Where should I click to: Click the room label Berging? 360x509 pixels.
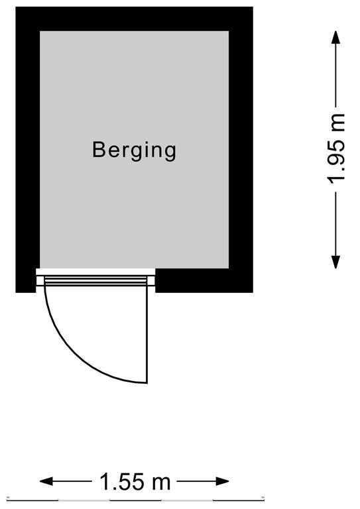click(x=134, y=150)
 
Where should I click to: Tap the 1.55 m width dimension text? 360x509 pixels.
click(x=135, y=482)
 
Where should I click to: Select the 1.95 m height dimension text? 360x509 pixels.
click(x=336, y=149)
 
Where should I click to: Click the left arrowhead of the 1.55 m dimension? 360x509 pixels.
click(x=46, y=481)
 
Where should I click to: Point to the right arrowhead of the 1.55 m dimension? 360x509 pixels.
click(x=222, y=481)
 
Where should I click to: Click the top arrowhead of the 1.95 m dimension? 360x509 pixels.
click(x=335, y=38)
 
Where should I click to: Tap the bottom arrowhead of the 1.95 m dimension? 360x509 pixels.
click(x=335, y=262)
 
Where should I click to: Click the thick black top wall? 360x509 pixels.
click(x=134, y=19)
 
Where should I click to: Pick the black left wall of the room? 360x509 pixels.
click(x=28, y=149)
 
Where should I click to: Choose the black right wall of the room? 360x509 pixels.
click(x=241, y=149)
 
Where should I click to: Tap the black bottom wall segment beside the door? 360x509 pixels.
click(x=204, y=281)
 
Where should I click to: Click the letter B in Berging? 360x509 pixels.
click(x=99, y=149)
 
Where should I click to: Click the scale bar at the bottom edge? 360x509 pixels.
click(x=135, y=499)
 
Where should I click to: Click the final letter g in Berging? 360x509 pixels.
click(x=170, y=153)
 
